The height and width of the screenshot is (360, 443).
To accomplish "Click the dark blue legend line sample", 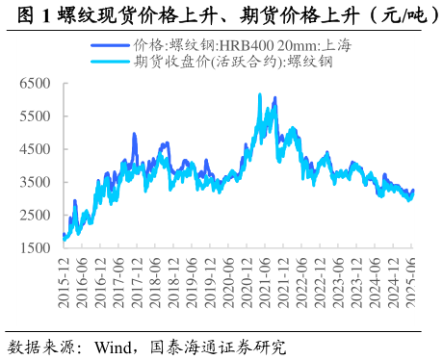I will click(x=110, y=45).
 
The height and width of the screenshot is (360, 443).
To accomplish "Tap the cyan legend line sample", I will click(x=110, y=62).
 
